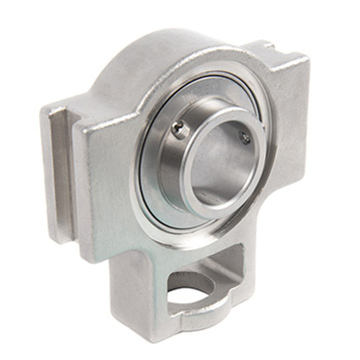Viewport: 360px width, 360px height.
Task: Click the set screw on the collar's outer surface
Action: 178,128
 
